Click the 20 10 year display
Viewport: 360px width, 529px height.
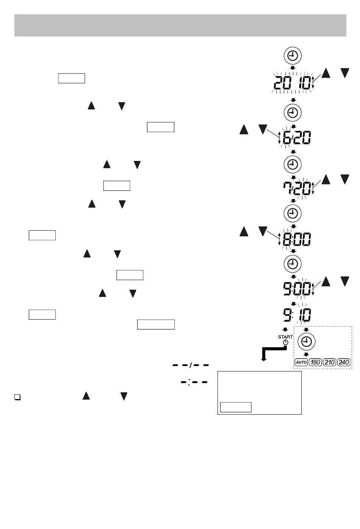[x=292, y=83]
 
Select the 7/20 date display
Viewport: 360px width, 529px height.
[x=297, y=188]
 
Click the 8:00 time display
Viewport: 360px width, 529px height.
[x=297, y=239]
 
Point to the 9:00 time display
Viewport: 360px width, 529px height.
[x=297, y=288]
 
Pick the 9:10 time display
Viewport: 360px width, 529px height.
[x=297, y=315]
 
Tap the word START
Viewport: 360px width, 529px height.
[x=285, y=337]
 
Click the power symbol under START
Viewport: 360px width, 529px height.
[x=286, y=342]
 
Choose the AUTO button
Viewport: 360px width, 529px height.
[x=301, y=362]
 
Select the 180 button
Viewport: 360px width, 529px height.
[x=315, y=362]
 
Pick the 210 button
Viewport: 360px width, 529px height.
[x=329, y=362]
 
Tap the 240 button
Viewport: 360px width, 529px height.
[x=343, y=362]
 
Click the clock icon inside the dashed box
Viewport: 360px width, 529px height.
[x=306, y=342]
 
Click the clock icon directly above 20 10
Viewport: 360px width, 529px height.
[x=293, y=56]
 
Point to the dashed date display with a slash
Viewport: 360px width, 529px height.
[x=191, y=365]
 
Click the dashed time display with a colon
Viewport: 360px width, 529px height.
[x=194, y=382]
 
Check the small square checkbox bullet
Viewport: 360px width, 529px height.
[x=17, y=397]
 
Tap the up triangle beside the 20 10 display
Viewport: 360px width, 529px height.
[x=326, y=73]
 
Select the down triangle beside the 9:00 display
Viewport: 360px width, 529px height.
[x=344, y=281]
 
